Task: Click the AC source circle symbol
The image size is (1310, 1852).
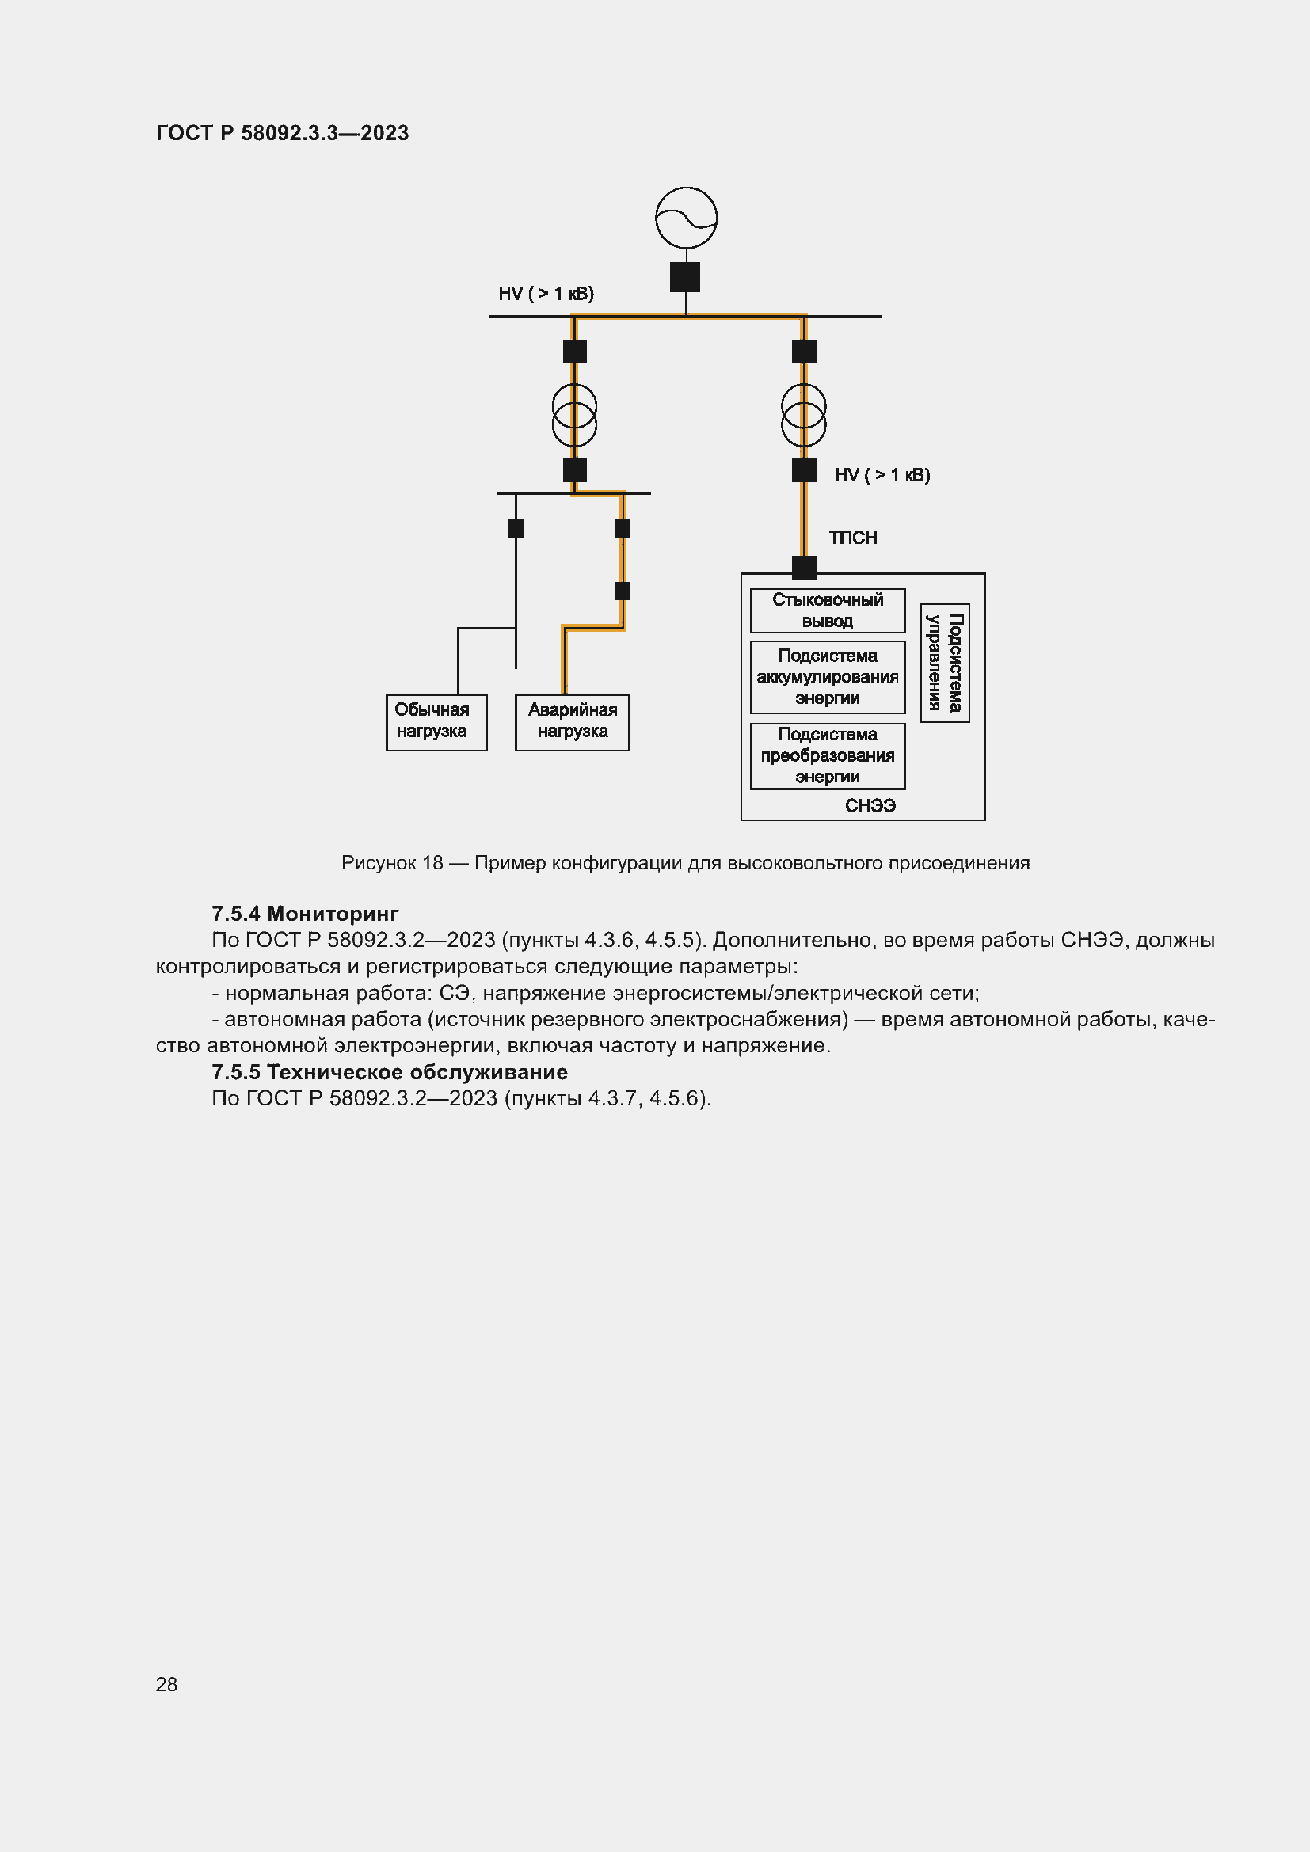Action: coord(686,218)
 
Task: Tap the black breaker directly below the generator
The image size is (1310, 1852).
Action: coord(685,276)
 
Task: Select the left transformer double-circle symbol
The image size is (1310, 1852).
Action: coord(574,415)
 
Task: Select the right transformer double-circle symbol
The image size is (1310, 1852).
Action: coord(803,415)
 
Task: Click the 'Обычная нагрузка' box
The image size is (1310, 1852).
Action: coord(436,722)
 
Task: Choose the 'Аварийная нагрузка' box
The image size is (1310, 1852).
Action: coord(572,722)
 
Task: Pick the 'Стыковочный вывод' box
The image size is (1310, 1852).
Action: coord(827,610)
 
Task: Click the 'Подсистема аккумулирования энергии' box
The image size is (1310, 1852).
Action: coord(827,677)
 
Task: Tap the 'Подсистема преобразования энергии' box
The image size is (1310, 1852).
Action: coord(827,756)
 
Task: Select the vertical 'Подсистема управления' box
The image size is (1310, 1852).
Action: coord(945,663)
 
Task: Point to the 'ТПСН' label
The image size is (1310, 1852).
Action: coord(853,538)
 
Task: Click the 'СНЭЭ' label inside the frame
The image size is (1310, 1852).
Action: coord(870,806)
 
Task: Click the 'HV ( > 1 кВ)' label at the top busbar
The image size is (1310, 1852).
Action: coord(546,294)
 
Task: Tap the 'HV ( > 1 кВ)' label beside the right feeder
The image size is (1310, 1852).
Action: coord(882,475)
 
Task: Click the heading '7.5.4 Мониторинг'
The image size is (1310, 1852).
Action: coord(305,914)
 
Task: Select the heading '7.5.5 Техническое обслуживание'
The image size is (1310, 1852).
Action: coord(390,1072)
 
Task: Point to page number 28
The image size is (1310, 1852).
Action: coord(166,1684)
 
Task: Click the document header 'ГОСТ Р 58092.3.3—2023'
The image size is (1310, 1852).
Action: coord(282,133)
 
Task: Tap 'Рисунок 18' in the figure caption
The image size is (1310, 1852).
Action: coord(392,863)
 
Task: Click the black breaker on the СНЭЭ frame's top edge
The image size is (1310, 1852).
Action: coord(803,568)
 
